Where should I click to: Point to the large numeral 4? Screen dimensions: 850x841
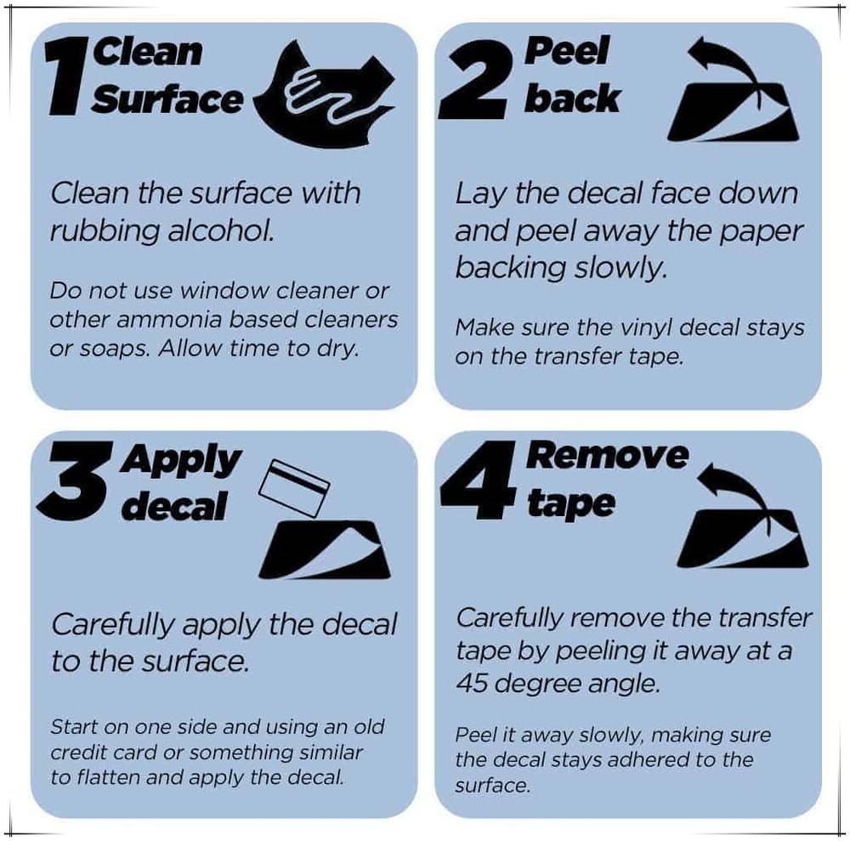point(478,475)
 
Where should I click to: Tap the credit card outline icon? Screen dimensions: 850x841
point(294,488)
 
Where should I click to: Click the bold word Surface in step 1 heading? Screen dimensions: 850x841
point(167,99)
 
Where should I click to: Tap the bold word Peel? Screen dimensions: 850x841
point(566,51)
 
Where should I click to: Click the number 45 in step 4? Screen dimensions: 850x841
point(471,683)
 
